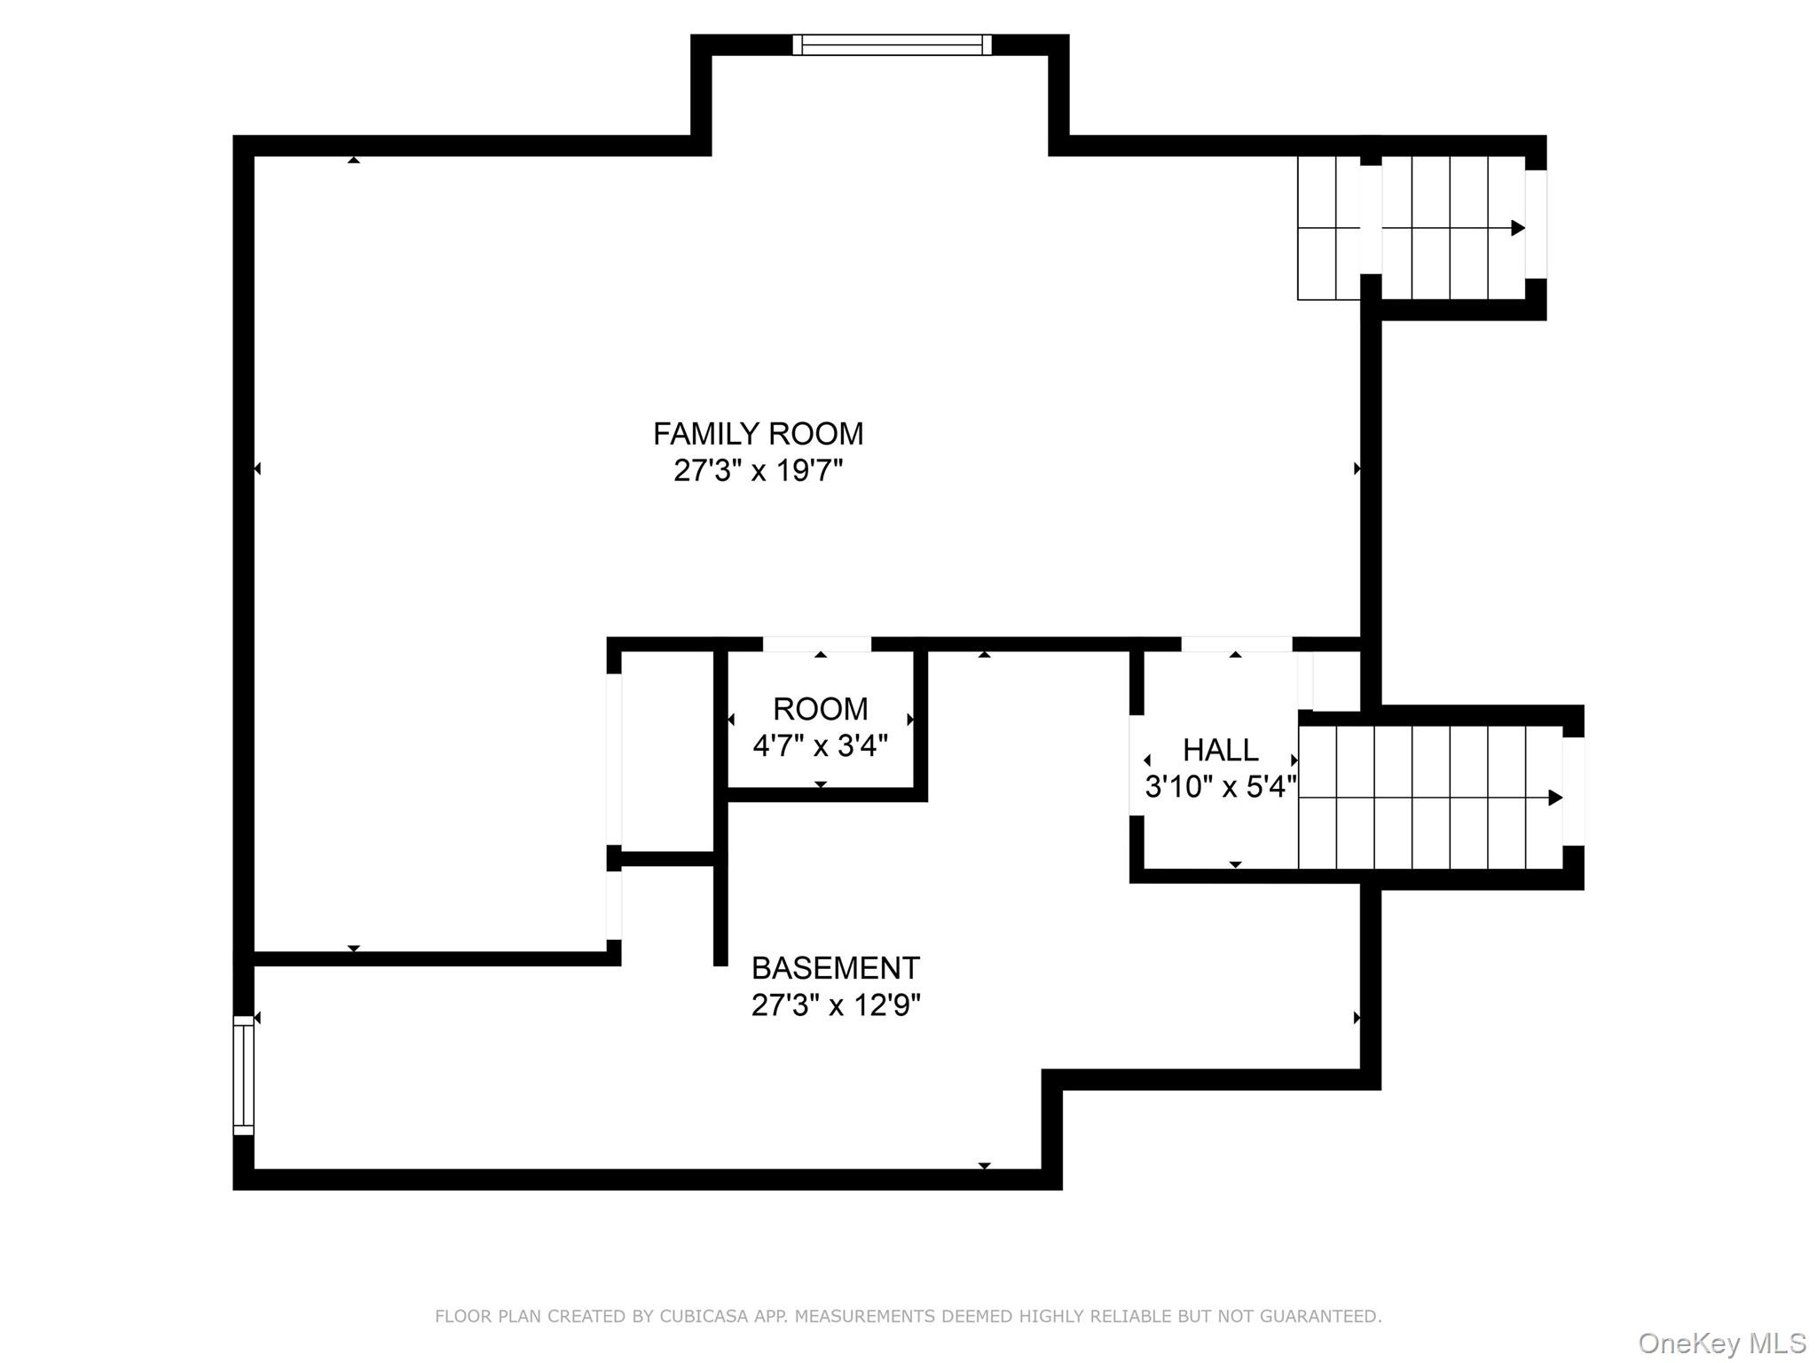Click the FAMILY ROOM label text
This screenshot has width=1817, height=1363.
click(x=758, y=433)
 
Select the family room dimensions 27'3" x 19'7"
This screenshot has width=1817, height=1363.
click(x=758, y=470)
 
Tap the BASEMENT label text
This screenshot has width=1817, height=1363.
click(x=835, y=967)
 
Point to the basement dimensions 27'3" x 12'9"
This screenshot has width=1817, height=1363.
click(x=835, y=1005)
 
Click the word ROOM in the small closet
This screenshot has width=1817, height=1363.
click(x=820, y=709)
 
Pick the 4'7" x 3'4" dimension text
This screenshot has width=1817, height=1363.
click(x=820, y=745)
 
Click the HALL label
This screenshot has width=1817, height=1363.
click(x=1220, y=750)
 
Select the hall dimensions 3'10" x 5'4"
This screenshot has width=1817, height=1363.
click(x=1220, y=786)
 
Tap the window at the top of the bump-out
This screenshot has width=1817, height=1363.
click(x=892, y=44)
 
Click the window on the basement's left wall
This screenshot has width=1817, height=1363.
click(x=243, y=1075)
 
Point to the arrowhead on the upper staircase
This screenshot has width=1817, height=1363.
click(x=1518, y=228)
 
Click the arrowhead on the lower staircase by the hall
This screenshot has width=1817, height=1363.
click(x=1555, y=798)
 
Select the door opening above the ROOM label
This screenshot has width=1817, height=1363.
click(x=817, y=644)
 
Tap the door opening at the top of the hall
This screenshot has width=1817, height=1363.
click(x=1236, y=644)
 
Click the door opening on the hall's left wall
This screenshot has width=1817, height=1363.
click(x=1137, y=765)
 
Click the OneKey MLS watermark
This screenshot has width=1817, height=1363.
click(x=1721, y=1343)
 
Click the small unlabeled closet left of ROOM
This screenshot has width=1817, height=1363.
click(x=667, y=750)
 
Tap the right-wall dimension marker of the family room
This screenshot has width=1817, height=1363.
click(x=1357, y=469)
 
